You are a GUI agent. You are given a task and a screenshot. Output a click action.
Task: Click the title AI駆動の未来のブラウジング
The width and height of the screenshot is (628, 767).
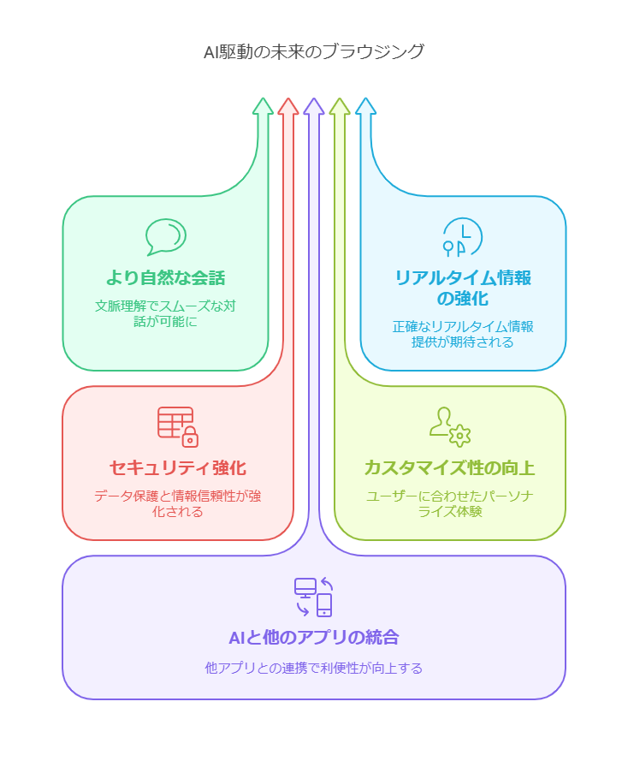pyautogui.click(x=313, y=51)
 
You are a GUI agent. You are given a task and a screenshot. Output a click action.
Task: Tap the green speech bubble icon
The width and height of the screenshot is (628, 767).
pyautogui.click(x=165, y=237)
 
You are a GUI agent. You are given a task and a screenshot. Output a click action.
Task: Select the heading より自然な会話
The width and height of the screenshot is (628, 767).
pyautogui.click(x=165, y=277)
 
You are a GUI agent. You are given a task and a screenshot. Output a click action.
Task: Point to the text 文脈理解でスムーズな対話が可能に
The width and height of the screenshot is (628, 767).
pyautogui.click(x=165, y=313)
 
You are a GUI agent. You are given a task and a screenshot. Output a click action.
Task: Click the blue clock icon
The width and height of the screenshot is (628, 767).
pyautogui.click(x=461, y=237)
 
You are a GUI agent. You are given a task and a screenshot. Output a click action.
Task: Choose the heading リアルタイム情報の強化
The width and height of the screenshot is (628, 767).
pyautogui.click(x=462, y=288)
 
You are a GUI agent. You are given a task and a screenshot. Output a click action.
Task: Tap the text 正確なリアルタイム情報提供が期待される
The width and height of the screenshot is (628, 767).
pyautogui.click(x=462, y=334)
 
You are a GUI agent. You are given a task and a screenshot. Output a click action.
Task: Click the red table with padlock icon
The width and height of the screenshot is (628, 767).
pyautogui.click(x=177, y=426)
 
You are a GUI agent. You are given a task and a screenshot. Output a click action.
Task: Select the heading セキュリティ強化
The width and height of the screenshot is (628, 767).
pyautogui.click(x=177, y=467)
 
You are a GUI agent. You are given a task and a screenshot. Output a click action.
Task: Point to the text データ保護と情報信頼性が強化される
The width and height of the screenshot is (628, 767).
pyautogui.click(x=177, y=503)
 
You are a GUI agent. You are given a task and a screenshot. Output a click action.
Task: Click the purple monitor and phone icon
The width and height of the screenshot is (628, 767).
pyautogui.click(x=313, y=598)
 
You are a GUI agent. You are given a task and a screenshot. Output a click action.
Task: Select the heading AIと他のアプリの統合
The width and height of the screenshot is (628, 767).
pyautogui.click(x=313, y=637)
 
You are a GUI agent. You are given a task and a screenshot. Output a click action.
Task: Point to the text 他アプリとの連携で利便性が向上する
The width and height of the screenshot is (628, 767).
pyautogui.click(x=313, y=668)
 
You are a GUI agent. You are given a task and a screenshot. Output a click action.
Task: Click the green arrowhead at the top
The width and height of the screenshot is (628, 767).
pyautogui.click(x=263, y=106)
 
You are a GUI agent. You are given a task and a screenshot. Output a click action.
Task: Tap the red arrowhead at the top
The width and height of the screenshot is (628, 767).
pyautogui.click(x=288, y=106)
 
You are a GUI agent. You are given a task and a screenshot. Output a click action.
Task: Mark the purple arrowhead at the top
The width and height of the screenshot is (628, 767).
pyautogui.click(x=314, y=106)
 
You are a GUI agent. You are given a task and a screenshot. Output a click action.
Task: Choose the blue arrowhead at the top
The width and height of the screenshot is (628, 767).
pyautogui.click(x=365, y=106)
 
